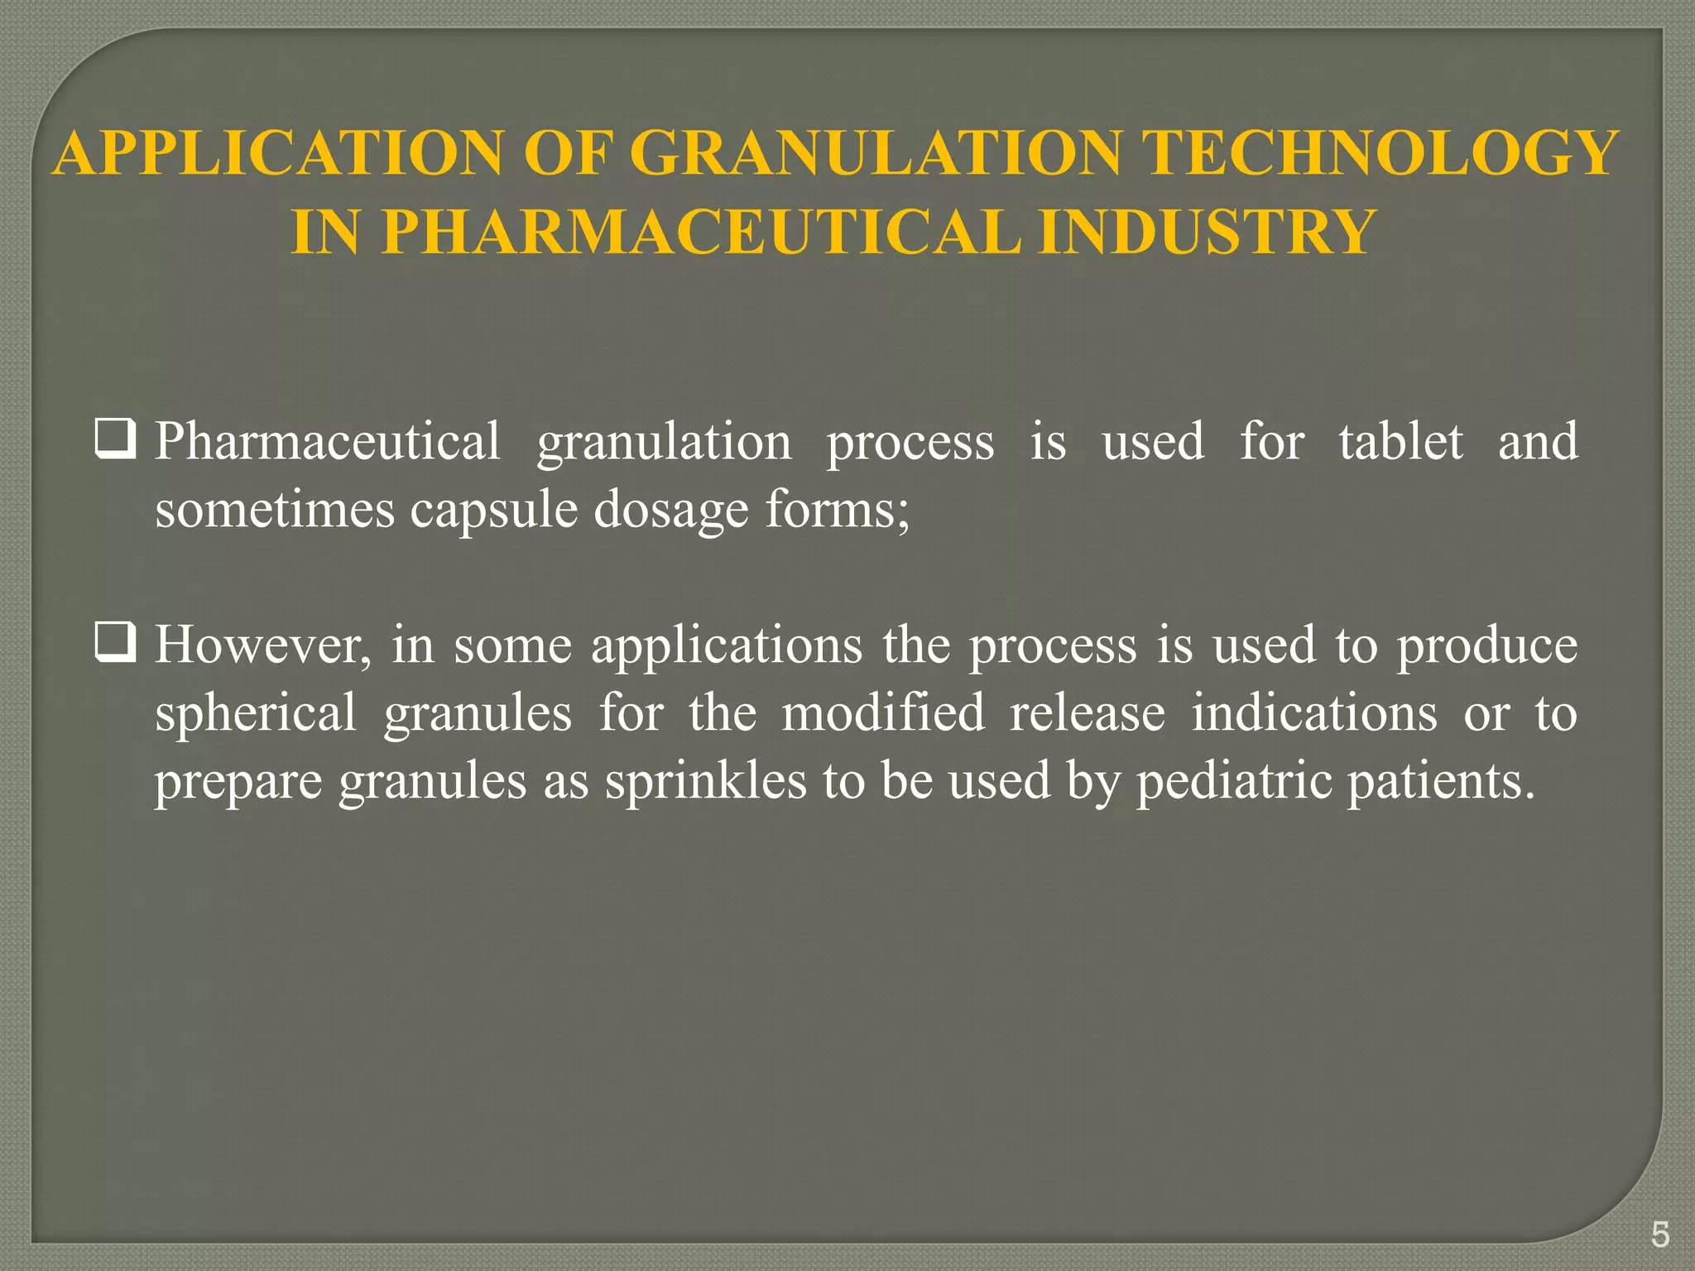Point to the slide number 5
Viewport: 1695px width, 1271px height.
(1659, 1235)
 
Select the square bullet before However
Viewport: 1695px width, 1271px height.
(115, 644)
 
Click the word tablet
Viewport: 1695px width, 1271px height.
(1400, 441)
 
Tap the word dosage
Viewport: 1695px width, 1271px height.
(670, 509)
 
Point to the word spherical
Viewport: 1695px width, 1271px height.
(256, 712)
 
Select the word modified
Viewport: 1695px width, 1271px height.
(882, 712)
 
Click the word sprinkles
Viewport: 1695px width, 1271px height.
(705, 780)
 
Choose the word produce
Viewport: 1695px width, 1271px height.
(1487, 645)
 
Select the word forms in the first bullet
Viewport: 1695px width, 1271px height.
(834, 509)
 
